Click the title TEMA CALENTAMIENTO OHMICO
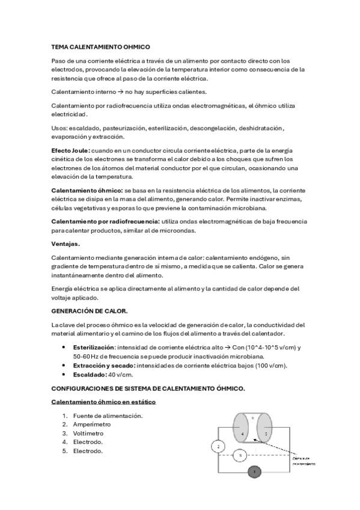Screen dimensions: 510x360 (100, 47)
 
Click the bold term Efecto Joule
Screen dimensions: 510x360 (70, 150)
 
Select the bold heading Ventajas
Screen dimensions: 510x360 (66, 244)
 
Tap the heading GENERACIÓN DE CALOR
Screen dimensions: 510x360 (90, 311)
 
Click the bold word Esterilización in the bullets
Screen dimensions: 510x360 (93, 348)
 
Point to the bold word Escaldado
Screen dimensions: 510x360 (89, 374)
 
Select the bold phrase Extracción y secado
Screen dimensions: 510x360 (104, 365)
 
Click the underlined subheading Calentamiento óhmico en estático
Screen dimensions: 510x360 (103, 401)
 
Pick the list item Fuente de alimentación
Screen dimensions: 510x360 (108, 416)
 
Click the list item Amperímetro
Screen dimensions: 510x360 (92, 424)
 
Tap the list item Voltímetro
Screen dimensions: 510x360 (88, 433)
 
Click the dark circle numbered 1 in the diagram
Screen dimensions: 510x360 (255, 472)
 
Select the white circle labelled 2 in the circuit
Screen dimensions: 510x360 (218, 446)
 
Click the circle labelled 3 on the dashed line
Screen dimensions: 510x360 (240, 456)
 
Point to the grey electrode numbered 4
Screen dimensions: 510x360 (243, 433)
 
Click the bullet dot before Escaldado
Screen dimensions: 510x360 (64, 374)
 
